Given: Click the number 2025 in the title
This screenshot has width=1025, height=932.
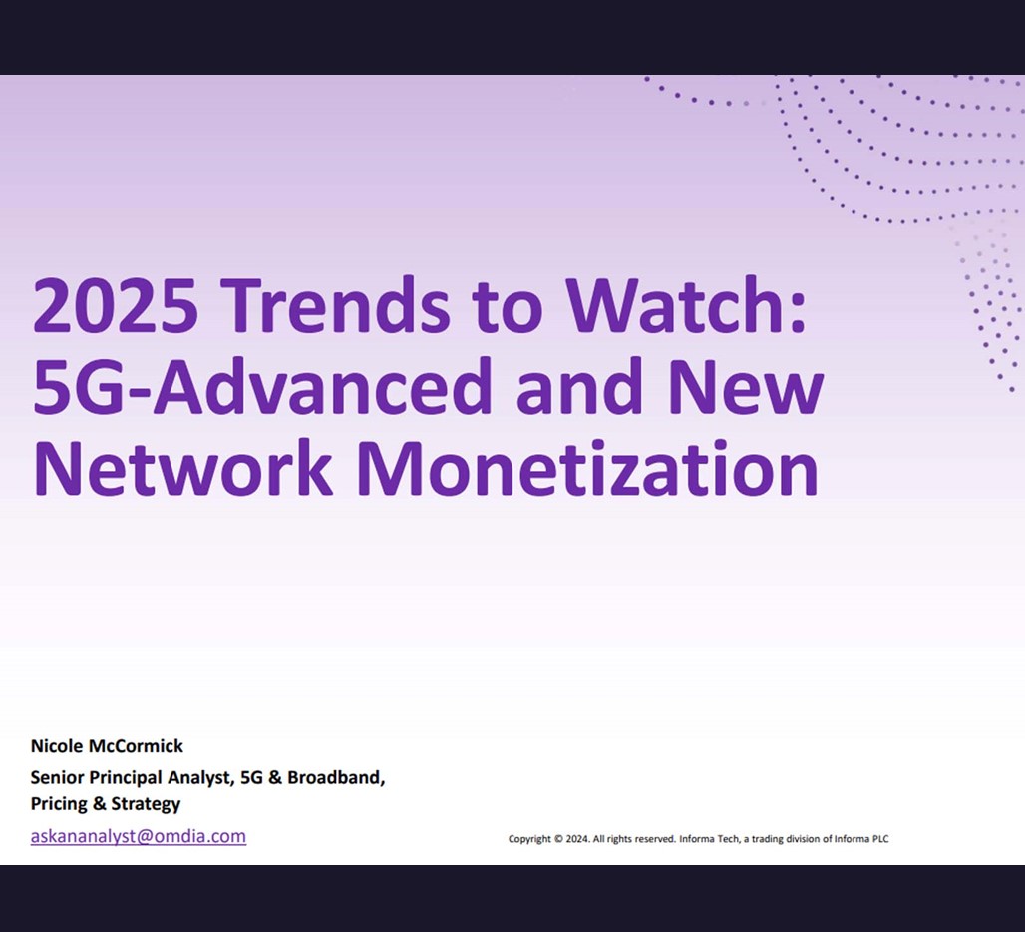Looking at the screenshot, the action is pos(115,304).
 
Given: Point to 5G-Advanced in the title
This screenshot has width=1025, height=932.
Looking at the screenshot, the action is pos(261,386).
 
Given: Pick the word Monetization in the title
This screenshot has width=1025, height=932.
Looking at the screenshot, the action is pos(587,468).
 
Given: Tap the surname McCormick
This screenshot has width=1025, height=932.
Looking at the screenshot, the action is pos(136,746).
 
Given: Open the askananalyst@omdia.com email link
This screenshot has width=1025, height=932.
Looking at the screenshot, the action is pos(139,836).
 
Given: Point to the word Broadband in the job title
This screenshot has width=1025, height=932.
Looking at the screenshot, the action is pos(336,777).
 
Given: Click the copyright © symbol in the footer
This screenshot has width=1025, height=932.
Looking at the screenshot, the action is pos(558,839).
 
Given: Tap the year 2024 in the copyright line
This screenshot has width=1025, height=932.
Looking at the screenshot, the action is pos(577,839).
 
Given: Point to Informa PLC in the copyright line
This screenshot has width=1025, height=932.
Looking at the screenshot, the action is pos(860,839).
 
